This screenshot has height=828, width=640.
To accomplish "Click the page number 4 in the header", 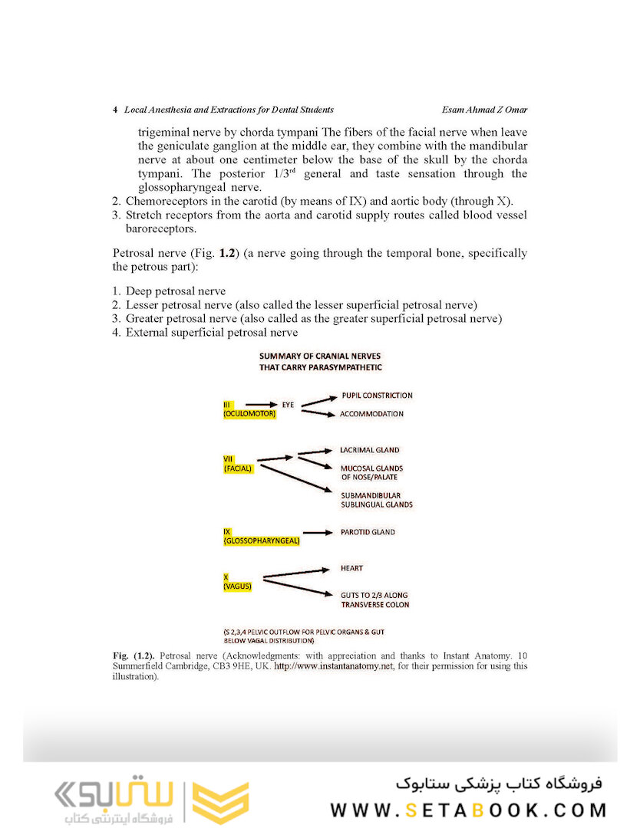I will click(115, 110).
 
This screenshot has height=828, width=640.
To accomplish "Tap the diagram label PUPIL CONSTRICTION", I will click(377, 396).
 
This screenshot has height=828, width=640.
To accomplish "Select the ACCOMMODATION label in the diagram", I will click(372, 414).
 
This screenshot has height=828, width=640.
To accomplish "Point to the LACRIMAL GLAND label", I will click(370, 450).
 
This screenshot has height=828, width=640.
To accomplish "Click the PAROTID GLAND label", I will click(368, 531).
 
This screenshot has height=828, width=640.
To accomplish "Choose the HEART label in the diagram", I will click(352, 568).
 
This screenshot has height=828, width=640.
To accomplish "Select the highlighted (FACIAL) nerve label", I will click(238, 468).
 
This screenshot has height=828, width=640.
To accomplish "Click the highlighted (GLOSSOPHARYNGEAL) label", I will click(262, 540).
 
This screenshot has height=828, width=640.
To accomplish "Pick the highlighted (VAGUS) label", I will click(237, 586).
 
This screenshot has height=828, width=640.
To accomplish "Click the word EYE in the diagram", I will click(289, 404).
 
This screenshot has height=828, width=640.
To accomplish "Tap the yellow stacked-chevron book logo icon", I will click(219, 803).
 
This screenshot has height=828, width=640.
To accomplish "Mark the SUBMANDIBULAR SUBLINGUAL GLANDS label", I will click(377, 500).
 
